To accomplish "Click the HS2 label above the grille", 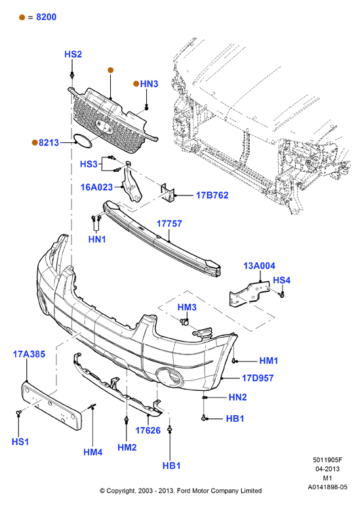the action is [x=73, y=54].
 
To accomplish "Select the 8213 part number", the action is [x=49, y=142].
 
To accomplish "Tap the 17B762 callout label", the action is [x=212, y=195].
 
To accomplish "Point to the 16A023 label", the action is [x=96, y=187].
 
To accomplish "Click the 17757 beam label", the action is [x=169, y=224].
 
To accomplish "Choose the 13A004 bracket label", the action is [x=259, y=266].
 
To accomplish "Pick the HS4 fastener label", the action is [x=282, y=280].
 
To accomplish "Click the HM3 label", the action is [x=187, y=307].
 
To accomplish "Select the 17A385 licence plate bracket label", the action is [x=29, y=354].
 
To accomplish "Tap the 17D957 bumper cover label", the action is [x=258, y=378].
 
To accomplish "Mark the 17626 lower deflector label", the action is [x=148, y=430].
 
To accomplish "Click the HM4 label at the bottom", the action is [x=93, y=452].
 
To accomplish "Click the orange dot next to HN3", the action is [x=136, y=84].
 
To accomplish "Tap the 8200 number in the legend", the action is [x=47, y=17].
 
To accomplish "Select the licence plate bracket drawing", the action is [x=52, y=406].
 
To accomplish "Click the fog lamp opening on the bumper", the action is [x=169, y=378].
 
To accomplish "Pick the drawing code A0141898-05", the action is [x=327, y=487].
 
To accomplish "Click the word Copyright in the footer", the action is [x=121, y=491].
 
